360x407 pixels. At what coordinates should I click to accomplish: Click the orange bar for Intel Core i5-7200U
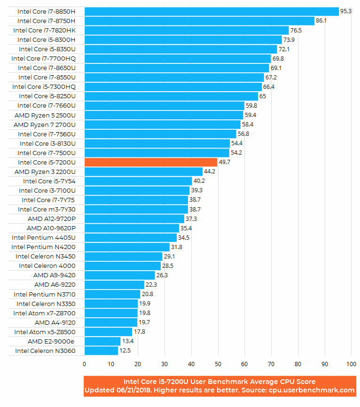point(150,162)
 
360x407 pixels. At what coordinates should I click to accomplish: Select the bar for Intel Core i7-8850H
point(211,11)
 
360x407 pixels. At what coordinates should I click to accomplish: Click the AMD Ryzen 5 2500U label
point(45,115)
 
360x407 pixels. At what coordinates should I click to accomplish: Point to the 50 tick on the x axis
point(218,364)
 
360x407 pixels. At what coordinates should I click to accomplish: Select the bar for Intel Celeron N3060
point(101,351)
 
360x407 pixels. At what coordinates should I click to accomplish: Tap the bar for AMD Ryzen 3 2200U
point(143,172)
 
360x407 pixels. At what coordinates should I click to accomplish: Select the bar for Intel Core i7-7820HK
point(187,30)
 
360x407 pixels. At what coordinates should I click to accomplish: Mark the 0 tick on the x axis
point(84,364)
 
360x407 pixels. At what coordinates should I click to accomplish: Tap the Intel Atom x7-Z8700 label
point(44,313)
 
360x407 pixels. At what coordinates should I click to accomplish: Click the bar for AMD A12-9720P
point(134,219)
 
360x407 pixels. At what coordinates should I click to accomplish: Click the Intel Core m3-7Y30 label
point(47,209)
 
